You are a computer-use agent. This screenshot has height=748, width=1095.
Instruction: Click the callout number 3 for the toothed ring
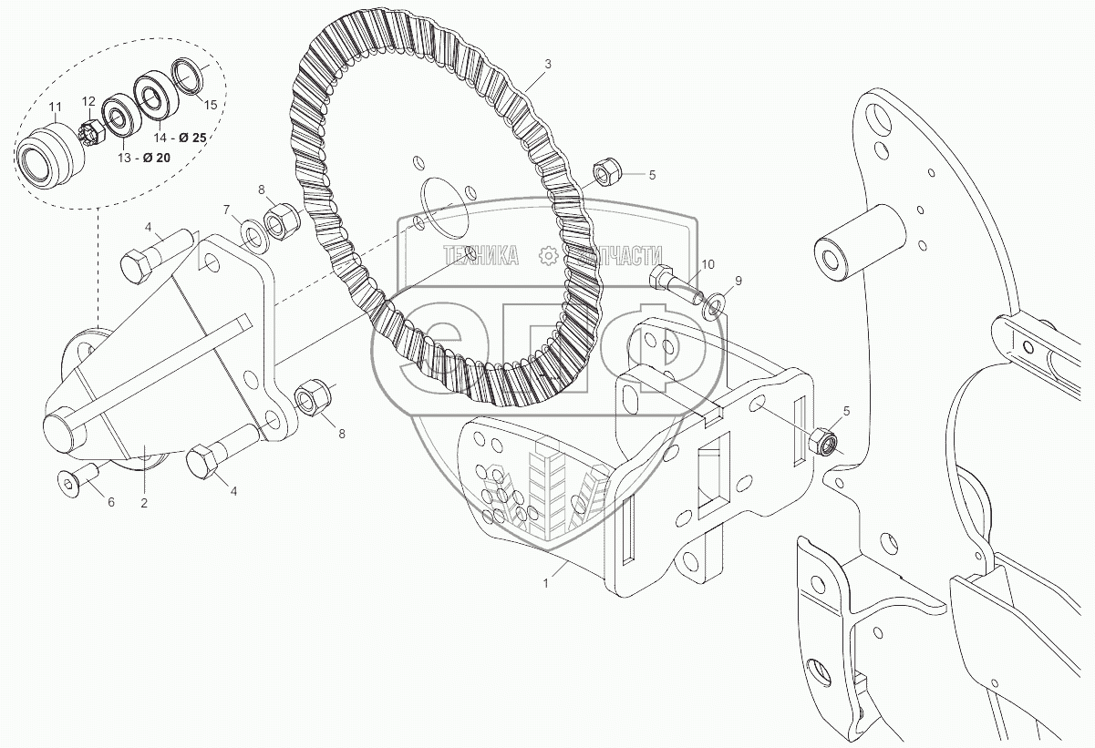547,64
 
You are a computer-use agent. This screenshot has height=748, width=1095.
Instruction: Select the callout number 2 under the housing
143,502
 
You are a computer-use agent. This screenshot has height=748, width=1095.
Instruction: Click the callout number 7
228,210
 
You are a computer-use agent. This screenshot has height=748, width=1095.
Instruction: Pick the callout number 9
739,280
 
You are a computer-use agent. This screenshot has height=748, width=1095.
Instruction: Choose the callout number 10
708,263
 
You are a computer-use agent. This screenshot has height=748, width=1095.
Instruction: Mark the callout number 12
88,101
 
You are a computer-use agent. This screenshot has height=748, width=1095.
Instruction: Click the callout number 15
211,105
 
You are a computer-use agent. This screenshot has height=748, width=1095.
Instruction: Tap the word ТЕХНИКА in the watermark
481,256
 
